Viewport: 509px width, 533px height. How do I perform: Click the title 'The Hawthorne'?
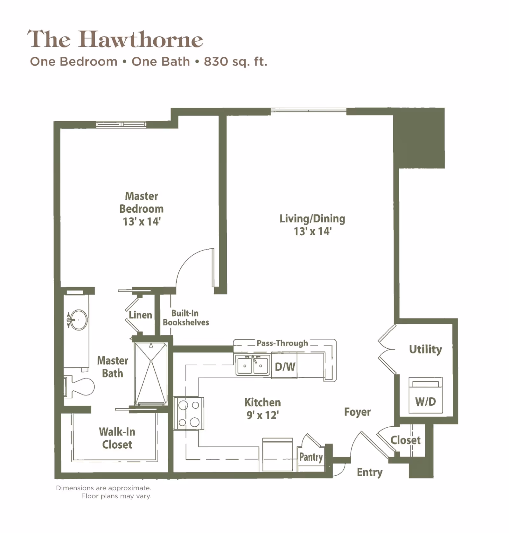click(x=115, y=39)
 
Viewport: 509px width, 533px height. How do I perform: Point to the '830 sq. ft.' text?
click(x=235, y=61)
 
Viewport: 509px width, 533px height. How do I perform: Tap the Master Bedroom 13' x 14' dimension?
click(x=142, y=222)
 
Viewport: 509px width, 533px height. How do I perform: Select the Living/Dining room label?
click(x=312, y=219)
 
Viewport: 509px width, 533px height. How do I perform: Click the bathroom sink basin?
click(x=78, y=320)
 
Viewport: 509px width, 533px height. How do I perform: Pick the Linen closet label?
click(x=140, y=315)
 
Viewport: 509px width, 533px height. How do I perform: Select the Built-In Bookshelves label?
click(x=186, y=318)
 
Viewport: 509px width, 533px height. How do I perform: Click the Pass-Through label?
click(x=282, y=343)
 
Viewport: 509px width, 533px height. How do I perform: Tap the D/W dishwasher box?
click(x=284, y=366)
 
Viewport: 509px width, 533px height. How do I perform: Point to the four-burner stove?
click(x=189, y=414)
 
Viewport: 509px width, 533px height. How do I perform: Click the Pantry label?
click(x=311, y=457)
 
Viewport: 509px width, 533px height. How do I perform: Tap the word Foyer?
click(x=357, y=412)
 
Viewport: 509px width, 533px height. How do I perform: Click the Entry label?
click(x=369, y=472)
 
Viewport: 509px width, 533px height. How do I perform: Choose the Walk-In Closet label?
click(x=117, y=438)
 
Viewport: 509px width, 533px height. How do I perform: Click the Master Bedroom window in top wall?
click(x=121, y=124)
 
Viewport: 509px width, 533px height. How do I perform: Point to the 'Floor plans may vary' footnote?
click(x=116, y=496)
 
